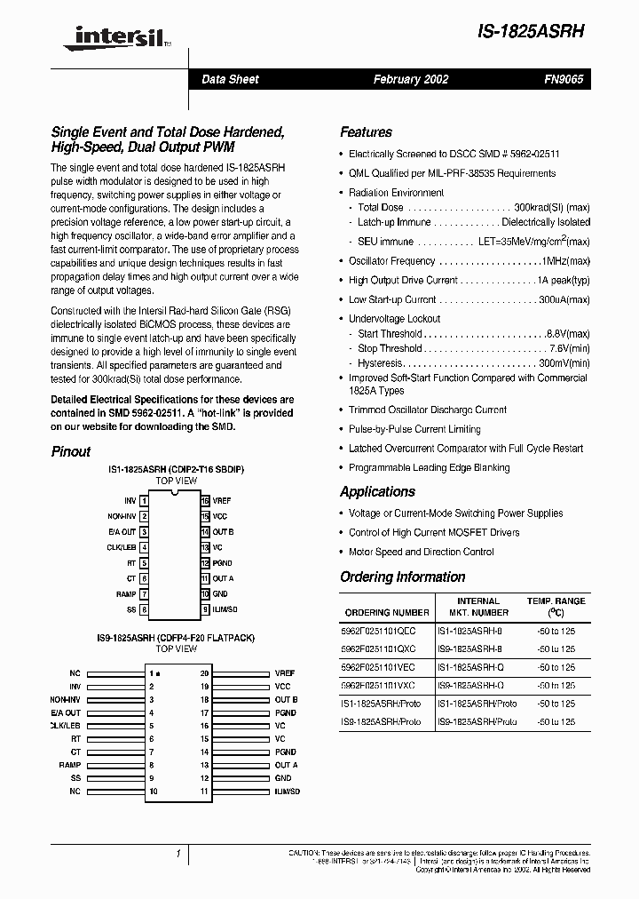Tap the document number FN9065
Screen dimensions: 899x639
(563, 79)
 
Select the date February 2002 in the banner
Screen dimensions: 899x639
(410, 79)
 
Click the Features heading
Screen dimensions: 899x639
(366, 132)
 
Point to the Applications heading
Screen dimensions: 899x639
(377, 492)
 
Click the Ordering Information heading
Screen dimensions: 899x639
(402, 577)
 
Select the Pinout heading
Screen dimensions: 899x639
(71, 451)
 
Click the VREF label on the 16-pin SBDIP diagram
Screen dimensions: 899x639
(222, 501)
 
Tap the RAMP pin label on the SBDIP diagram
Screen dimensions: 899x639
(125, 593)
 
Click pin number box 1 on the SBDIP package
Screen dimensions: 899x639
(144, 501)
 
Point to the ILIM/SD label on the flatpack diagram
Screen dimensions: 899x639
(288, 791)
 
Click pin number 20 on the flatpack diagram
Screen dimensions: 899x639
(204, 673)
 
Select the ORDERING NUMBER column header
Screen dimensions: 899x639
(386, 612)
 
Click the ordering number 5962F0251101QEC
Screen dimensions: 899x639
(379, 629)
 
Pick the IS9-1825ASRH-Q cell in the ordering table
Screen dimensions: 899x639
(470, 685)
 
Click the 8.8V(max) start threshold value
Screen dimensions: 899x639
(568, 334)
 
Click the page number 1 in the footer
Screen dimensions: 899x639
(178, 854)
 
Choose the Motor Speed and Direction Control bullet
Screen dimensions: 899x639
(422, 552)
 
